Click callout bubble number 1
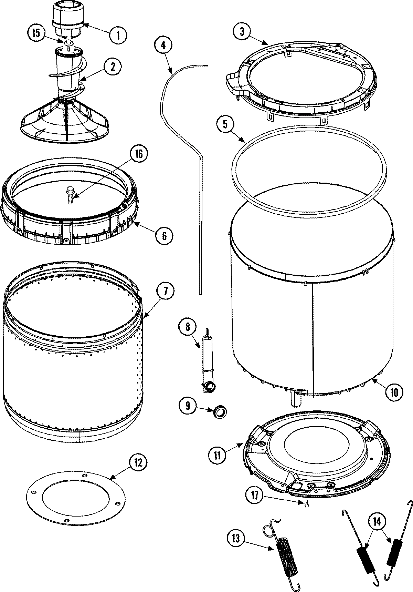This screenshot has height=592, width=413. [x=118, y=34]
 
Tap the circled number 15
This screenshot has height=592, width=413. [x=36, y=33]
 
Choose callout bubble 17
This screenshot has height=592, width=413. [x=255, y=495]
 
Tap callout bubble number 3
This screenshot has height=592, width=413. [x=242, y=32]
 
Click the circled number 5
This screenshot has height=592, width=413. [x=225, y=124]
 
